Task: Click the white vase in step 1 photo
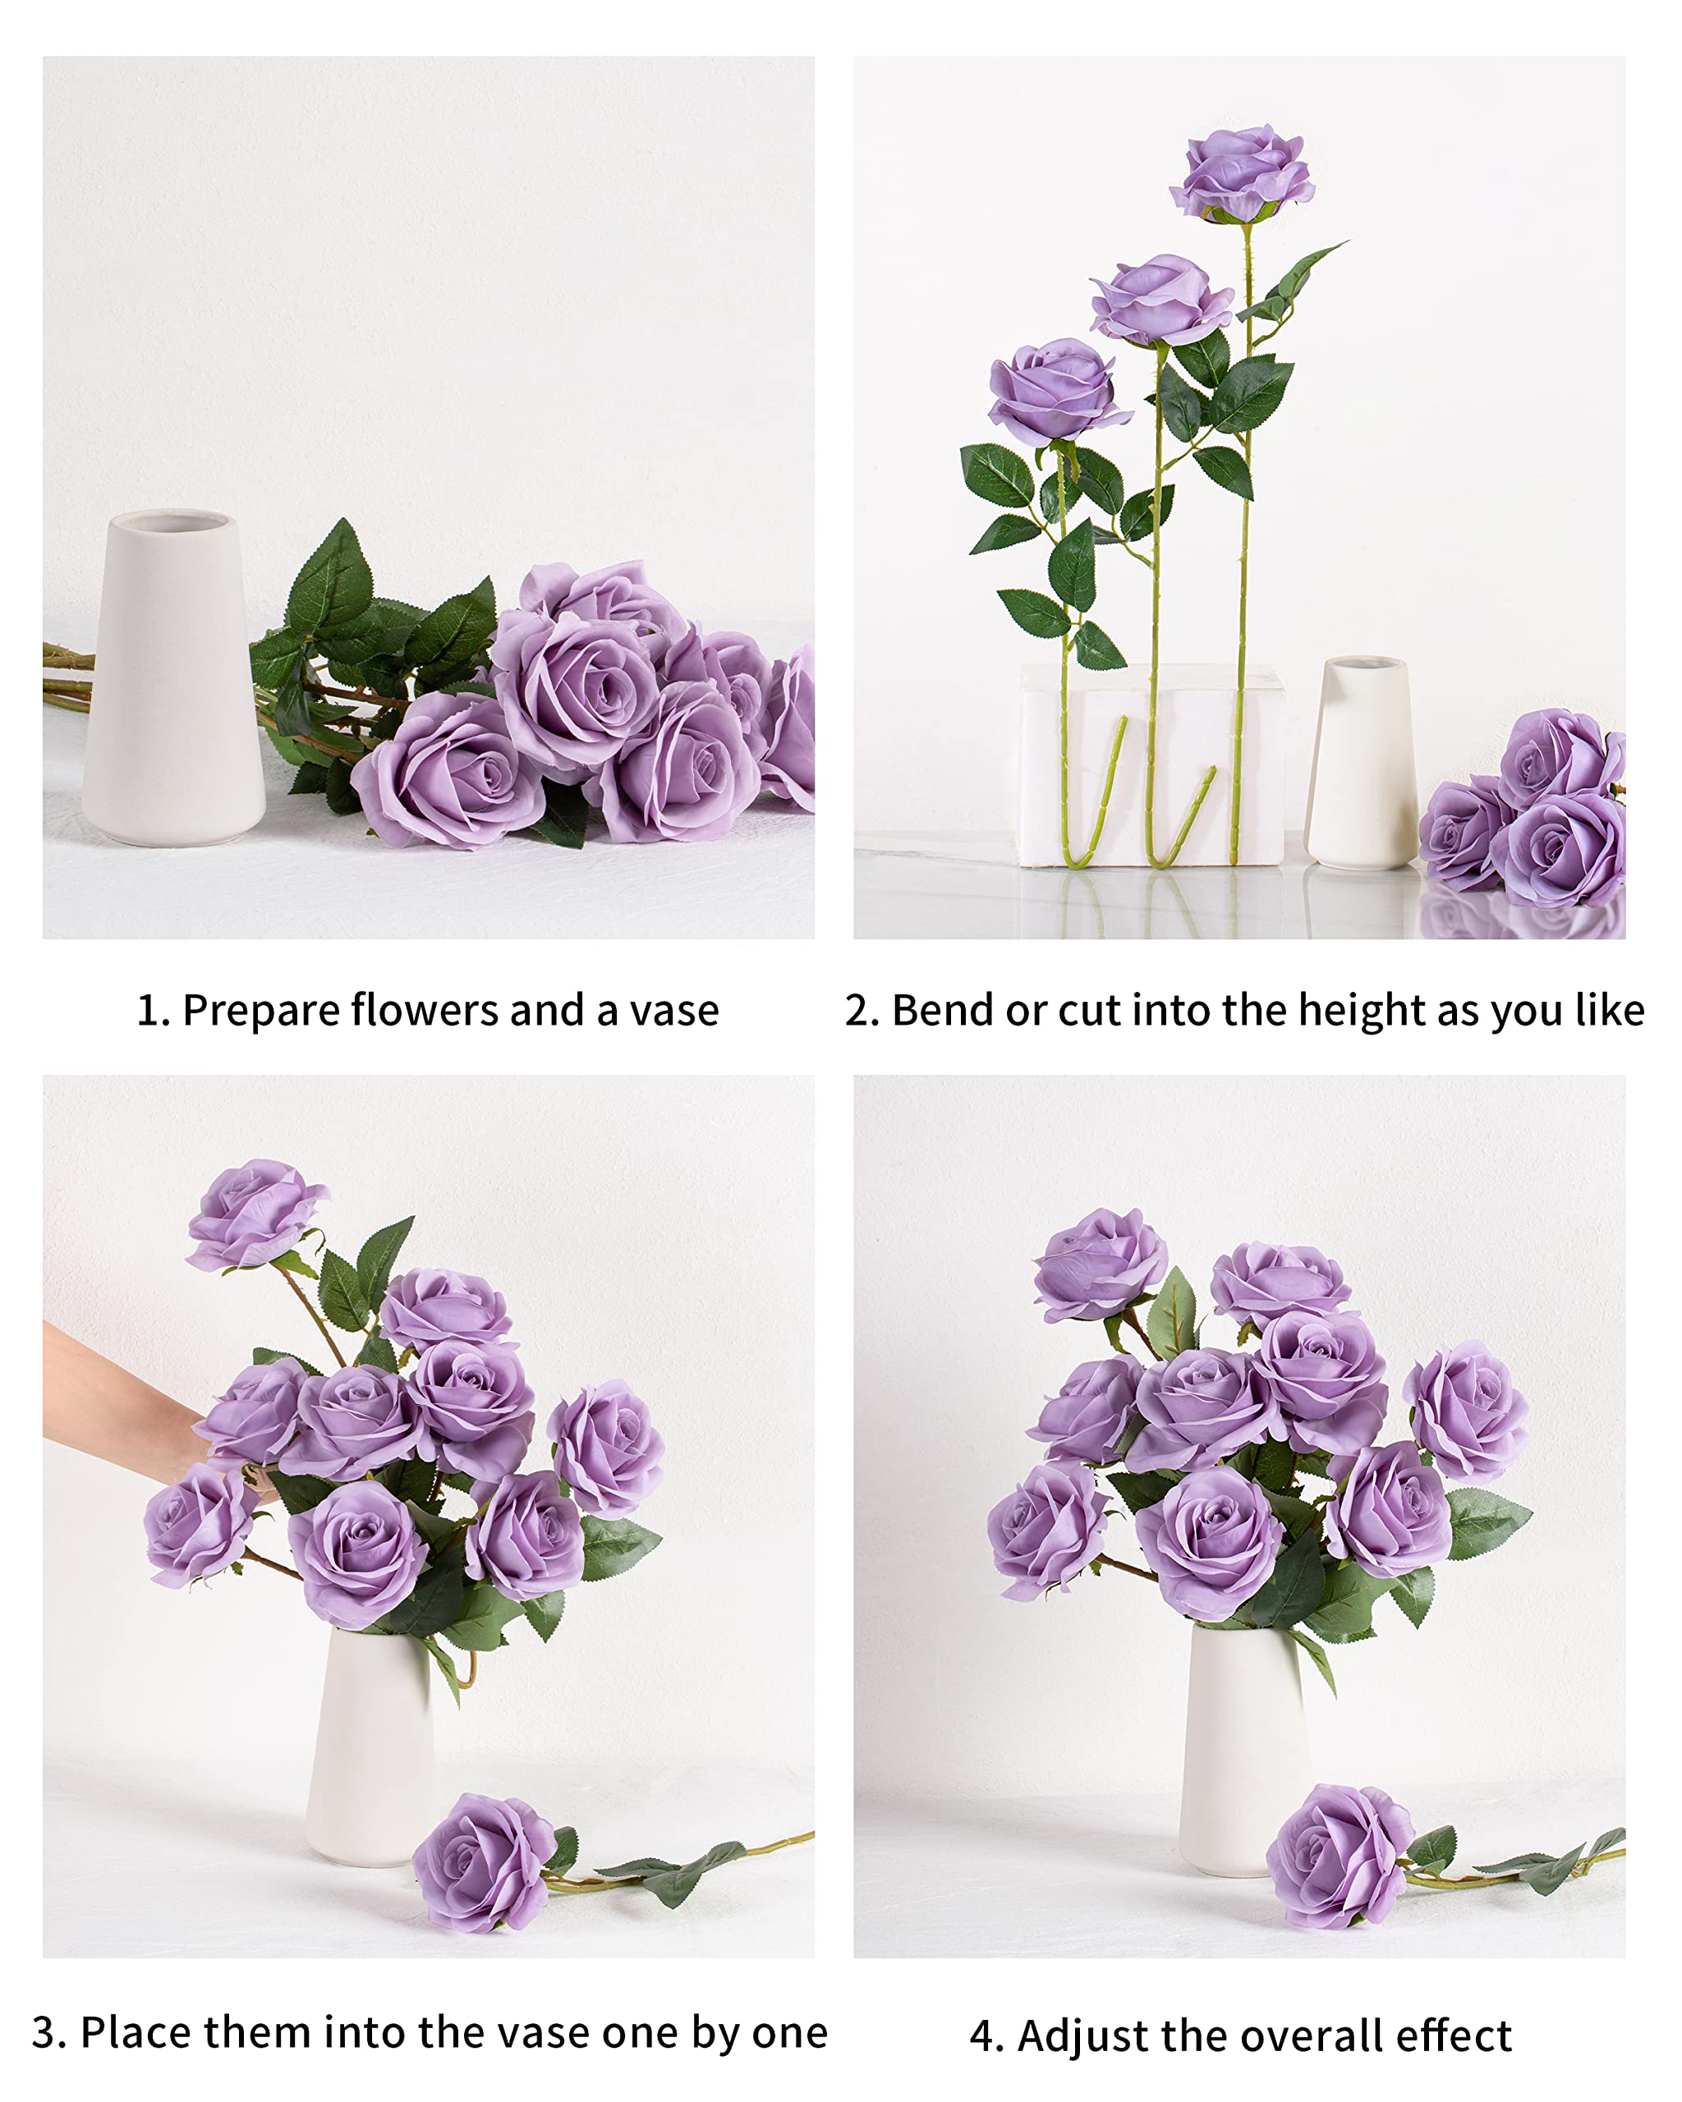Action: (172, 682)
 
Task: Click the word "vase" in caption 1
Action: (673, 1011)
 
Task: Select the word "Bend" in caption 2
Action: (944, 1011)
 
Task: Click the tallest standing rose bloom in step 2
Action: (1243, 173)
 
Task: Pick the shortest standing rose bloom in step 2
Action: (1056, 391)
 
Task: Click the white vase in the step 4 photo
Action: (1241, 1750)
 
